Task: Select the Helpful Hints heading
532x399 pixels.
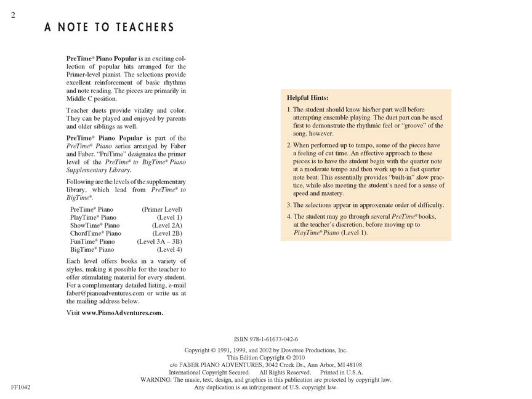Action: click(308, 98)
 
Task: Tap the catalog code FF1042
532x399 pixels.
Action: click(21, 387)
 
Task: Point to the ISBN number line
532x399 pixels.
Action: click(265, 339)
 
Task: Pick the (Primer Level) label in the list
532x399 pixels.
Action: click(162, 209)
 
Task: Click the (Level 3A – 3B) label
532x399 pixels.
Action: click(159, 241)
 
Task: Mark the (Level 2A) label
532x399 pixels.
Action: click(167, 225)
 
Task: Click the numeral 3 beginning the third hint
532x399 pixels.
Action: click(289, 204)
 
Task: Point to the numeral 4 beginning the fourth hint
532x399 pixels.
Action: click(289, 217)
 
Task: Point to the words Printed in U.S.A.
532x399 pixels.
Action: click(342, 373)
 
